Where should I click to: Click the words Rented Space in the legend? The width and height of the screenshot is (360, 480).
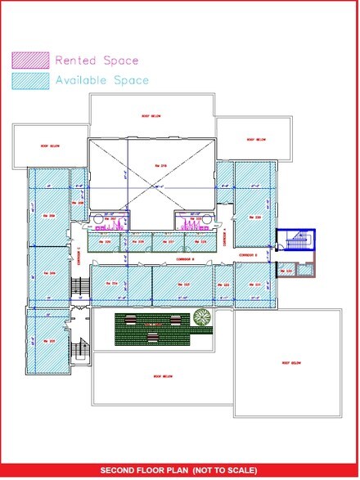coord(97,61)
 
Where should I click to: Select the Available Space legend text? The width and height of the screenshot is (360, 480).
coord(101,80)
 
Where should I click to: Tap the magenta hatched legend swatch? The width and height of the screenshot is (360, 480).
coord(29,61)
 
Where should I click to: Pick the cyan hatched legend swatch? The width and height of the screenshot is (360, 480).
coord(29,80)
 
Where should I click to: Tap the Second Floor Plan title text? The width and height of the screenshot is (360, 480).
coord(179,470)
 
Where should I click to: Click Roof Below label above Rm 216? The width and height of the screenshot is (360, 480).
coord(150,116)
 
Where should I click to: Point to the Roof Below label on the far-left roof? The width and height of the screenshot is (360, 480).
coord(51,146)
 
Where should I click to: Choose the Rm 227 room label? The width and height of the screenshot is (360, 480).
coord(170,242)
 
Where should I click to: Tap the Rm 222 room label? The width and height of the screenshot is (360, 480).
coord(226,285)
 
